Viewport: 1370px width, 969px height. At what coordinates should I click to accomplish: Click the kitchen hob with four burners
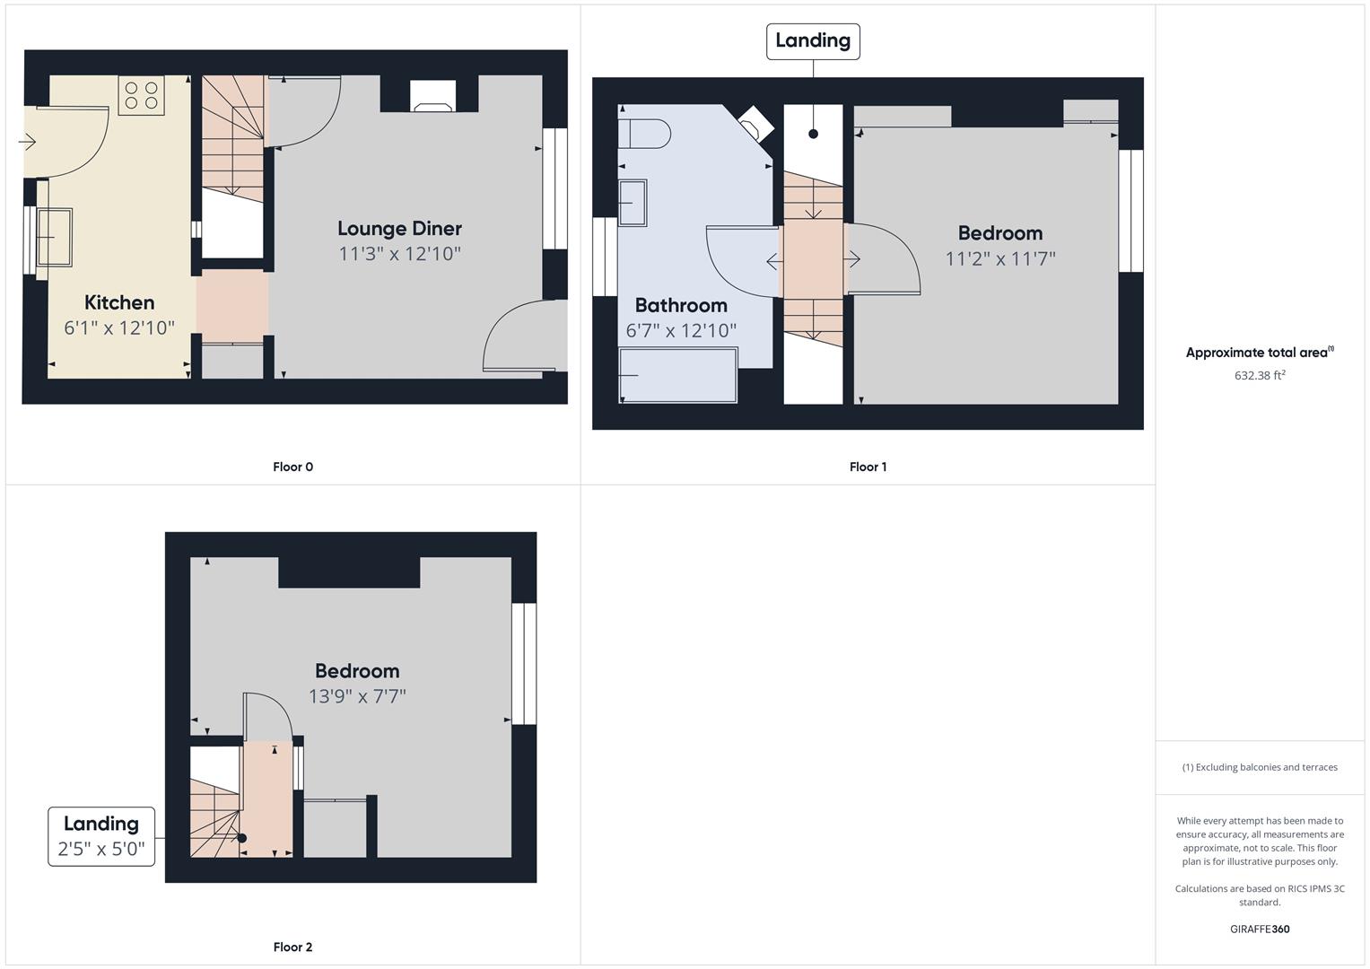point(141,95)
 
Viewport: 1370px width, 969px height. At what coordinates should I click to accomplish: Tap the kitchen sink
point(55,238)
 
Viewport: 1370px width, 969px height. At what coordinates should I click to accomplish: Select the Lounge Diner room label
point(399,228)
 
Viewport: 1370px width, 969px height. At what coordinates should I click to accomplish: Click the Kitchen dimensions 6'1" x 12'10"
point(119,327)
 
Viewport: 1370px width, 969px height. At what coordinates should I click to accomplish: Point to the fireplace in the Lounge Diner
point(433,96)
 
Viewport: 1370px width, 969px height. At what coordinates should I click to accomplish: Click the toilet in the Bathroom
point(644,134)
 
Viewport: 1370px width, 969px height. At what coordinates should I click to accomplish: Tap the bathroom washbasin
point(633,203)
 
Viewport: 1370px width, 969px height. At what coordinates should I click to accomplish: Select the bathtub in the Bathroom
point(677,375)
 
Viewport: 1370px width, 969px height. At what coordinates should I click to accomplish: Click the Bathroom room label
point(681,305)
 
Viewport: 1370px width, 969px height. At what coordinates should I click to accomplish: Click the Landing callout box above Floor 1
point(813,41)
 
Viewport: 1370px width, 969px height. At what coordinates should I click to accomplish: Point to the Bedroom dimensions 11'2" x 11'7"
point(1000,258)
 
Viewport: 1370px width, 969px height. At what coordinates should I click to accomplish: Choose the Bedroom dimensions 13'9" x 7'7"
point(357,696)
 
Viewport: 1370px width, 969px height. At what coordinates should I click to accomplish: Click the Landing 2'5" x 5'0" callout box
point(101,836)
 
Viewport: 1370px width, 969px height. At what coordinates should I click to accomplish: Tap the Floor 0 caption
point(293,467)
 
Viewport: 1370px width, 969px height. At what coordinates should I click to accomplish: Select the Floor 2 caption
point(293,947)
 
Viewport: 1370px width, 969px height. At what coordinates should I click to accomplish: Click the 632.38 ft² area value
point(1260,375)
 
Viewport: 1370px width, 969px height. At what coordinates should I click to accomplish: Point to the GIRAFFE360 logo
point(1260,929)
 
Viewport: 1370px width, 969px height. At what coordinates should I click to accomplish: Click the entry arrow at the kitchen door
point(27,142)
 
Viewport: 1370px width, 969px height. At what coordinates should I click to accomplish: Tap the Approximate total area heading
point(1260,352)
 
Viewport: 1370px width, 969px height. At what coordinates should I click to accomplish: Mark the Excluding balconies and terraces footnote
point(1260,767)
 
